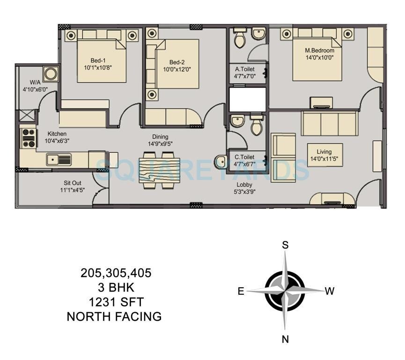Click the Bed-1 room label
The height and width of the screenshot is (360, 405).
click(x=98, y=60)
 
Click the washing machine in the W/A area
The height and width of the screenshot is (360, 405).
click(x=50, y=74)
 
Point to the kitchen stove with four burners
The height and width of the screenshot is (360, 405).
click(x=29, y=138)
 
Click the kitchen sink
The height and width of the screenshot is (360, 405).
click(x=59, y=160)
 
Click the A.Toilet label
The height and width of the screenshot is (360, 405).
click(x=244, y=69)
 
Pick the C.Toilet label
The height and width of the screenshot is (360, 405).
click(x=244, y=157)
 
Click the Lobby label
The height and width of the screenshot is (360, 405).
click(x=244, y=185)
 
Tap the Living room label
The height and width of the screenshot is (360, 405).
click(x=324, y=151)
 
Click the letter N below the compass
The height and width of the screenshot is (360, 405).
click(x=285, y=340)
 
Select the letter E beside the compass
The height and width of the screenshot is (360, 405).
click(x=241, y=292)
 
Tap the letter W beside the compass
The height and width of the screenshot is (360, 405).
click(x=330, y=292)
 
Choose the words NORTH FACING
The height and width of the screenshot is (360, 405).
click(x=114, y=317)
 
